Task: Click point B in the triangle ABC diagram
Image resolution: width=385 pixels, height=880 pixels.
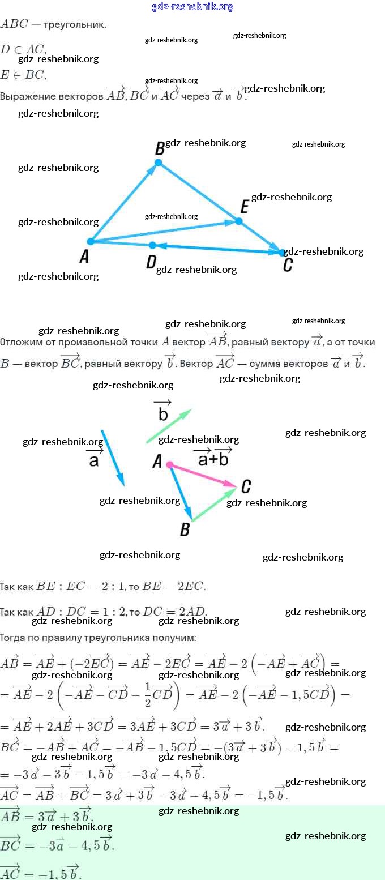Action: tap(159, 163)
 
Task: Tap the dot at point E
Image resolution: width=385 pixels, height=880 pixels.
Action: tap(239, 221)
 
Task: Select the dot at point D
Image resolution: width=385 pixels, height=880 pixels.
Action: tap(152, 245)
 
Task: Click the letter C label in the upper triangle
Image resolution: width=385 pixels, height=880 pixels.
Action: tap(288, 265)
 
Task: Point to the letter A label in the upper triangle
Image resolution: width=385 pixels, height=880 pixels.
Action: tap(84, 258)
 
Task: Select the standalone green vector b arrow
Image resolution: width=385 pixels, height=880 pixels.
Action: tap(169, 425)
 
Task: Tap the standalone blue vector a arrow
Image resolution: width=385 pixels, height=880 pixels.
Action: tap(113, 458)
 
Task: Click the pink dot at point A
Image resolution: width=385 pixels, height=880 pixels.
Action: tap(170, 464)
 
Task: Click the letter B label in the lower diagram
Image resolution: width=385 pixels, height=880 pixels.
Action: tap(185, 530)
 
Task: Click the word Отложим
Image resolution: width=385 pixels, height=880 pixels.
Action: tap(19, 343)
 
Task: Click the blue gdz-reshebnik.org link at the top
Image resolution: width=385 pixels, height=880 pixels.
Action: tap(192, 7)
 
